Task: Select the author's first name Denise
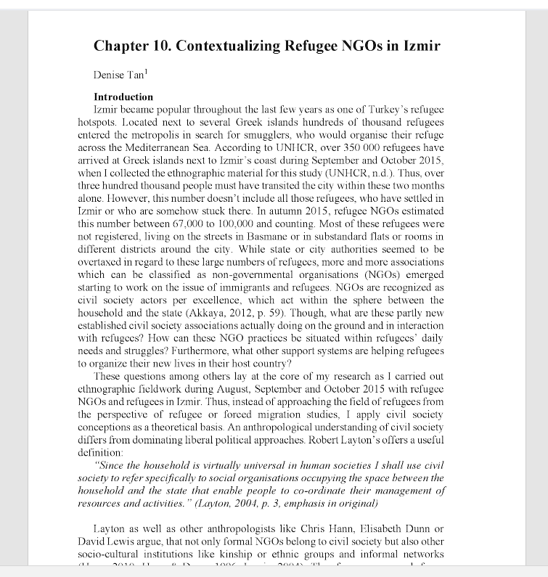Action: click(110, 75)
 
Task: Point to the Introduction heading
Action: click(123, 97)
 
